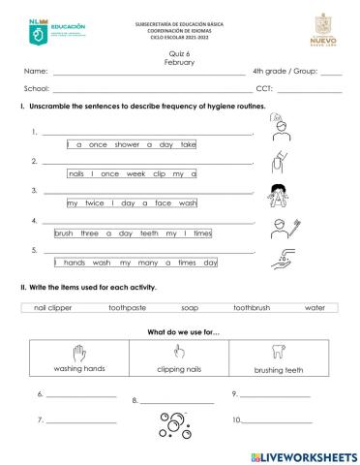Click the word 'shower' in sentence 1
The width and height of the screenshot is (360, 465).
pyautogui.click(x=127, y=144)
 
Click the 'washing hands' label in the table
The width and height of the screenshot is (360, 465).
pyautogui.click(x=79, y=369)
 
